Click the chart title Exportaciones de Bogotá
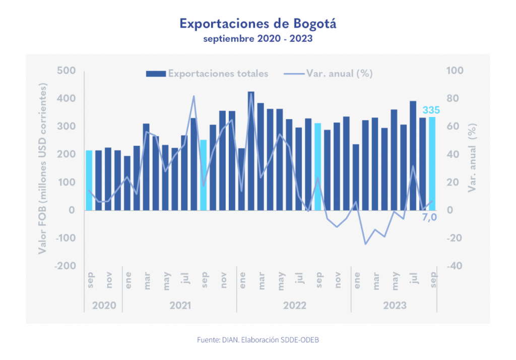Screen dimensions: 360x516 click(257, 24)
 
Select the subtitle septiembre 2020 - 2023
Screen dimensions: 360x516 click(257, 38)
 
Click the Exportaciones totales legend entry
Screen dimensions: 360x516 click(207, 74)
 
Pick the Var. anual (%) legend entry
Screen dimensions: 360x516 click(328, 74)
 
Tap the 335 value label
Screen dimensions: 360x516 click(431, 110)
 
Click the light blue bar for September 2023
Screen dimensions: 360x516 click(432, 163)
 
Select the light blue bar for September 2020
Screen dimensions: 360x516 click(89, 180)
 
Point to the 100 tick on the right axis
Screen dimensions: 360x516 click(456, 71)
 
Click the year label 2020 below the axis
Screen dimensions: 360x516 click(103, 306)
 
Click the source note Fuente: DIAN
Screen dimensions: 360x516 click(257, 340)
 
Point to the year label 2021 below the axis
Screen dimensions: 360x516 click(179, 306)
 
